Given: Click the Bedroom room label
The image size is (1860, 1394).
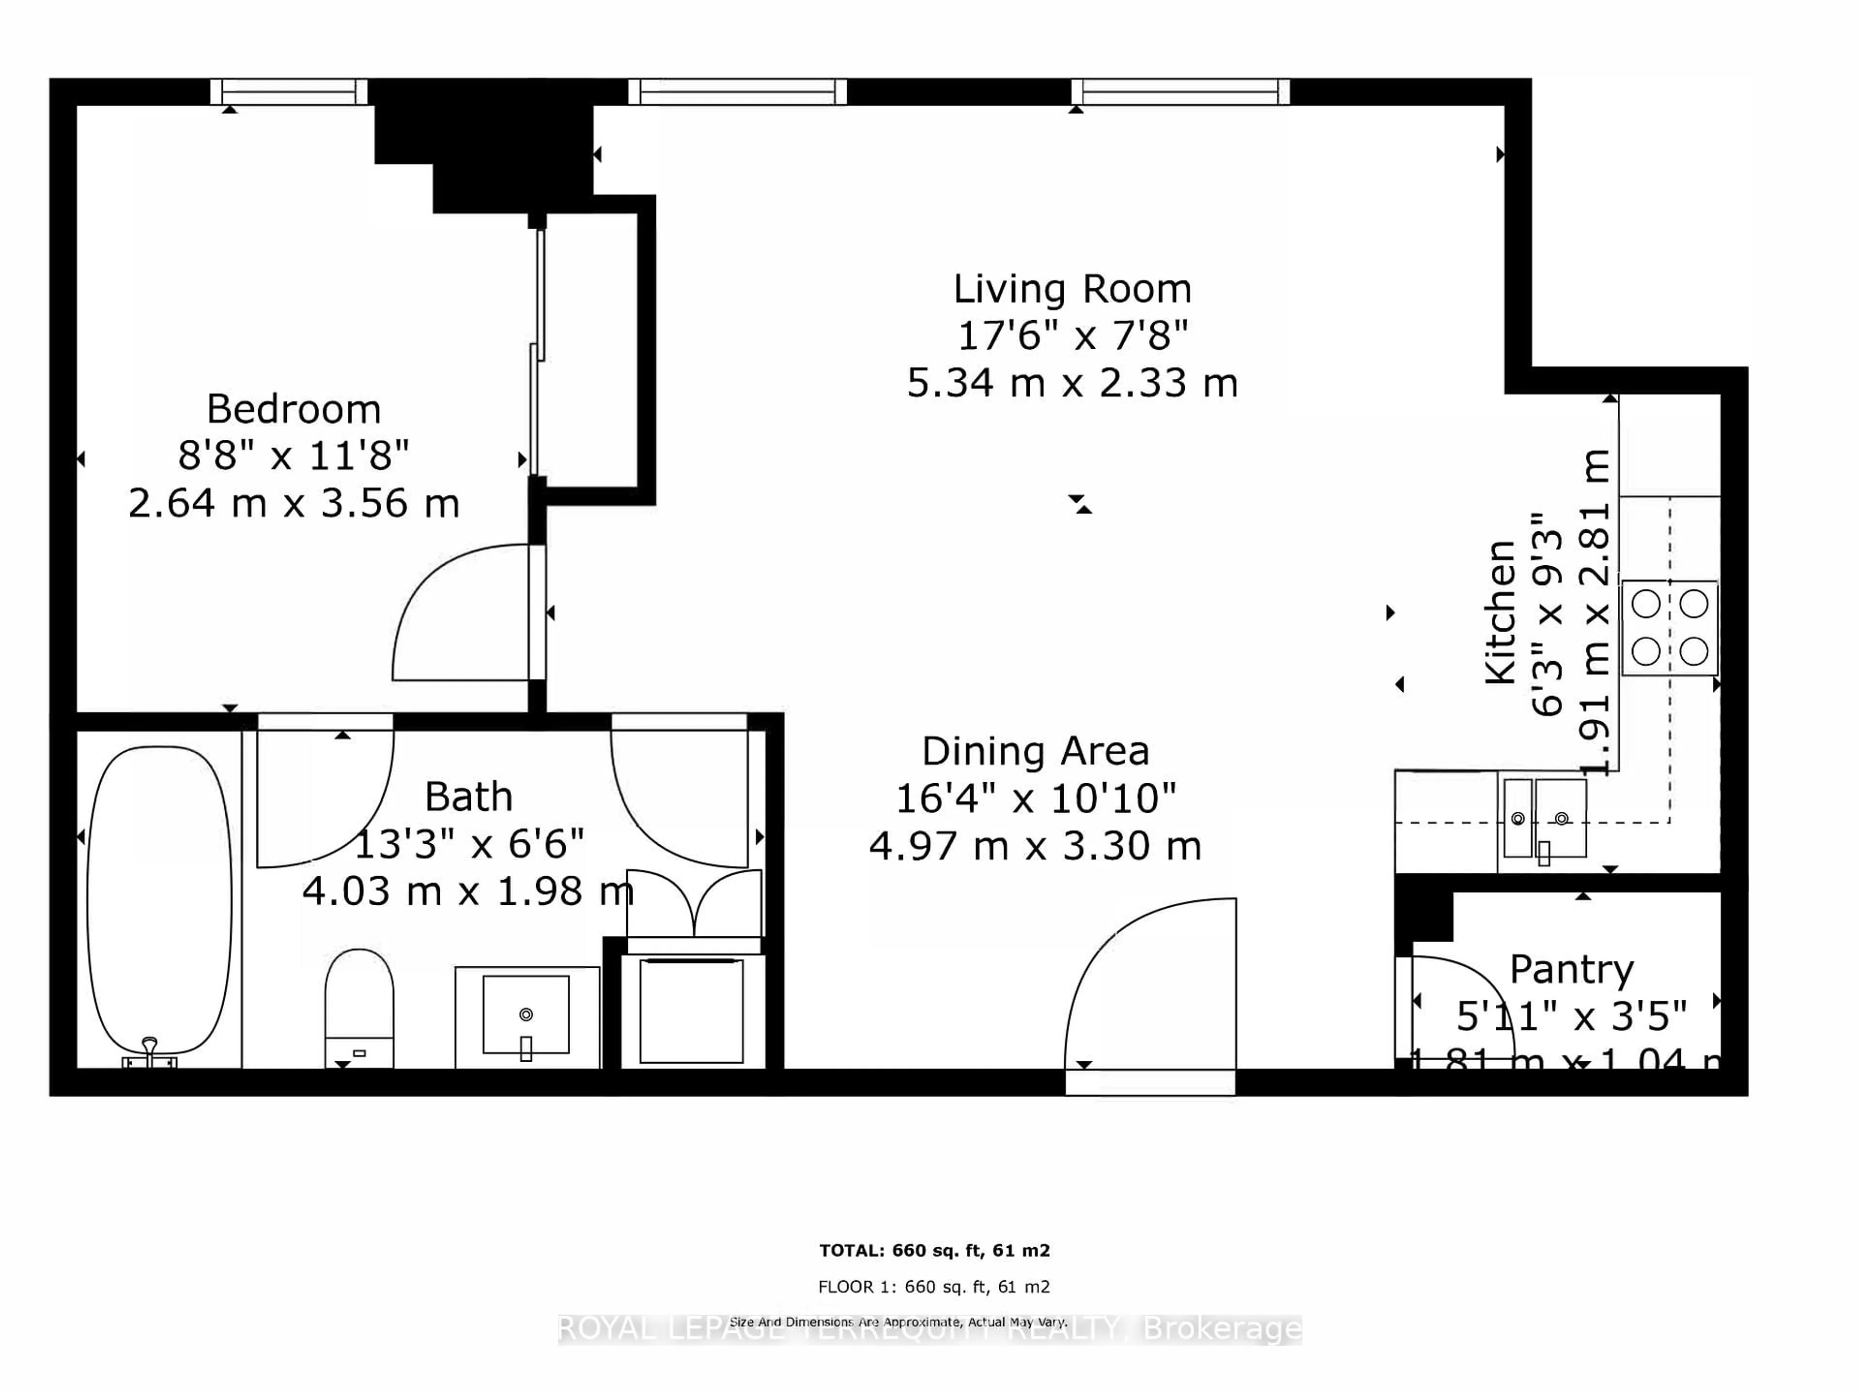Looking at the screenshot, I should click(294, 409).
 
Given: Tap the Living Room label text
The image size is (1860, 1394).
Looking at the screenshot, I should click(1072, 289).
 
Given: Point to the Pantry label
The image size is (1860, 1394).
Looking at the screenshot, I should click(1571, 969).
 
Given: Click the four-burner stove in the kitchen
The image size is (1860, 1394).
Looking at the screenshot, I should click(1669, 627).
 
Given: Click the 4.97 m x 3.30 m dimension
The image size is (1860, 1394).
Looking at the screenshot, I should click(1035, 846).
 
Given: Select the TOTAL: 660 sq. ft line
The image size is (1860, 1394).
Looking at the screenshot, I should click(934, 1250).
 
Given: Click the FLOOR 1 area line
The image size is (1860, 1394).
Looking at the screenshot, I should click(934, 1286).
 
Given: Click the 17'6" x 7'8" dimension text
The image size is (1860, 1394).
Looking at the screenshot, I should click(1072, 336).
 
